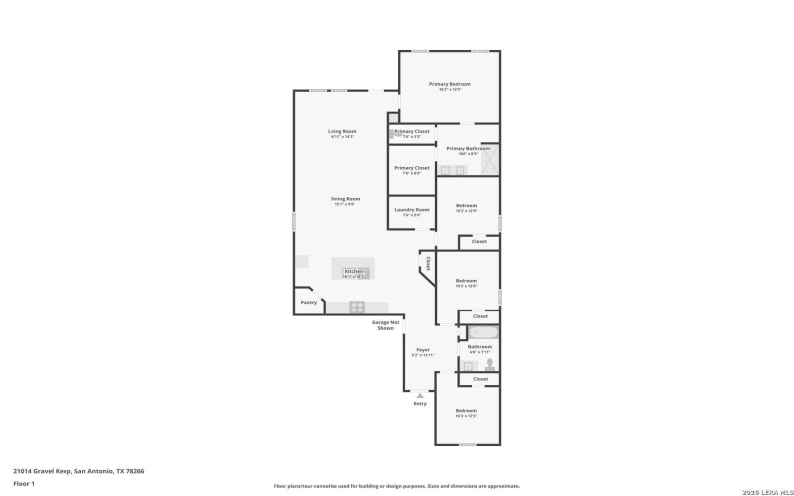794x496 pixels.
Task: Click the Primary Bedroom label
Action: coord(450,84)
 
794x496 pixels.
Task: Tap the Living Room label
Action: coord(342,131)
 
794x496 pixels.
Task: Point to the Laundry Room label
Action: coord(411,210)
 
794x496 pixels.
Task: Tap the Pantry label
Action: coord(308,301)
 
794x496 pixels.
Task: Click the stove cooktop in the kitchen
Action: coord(357,307)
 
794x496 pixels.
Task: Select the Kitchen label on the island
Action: coord(354,271)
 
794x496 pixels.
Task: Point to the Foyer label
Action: coord(422,350)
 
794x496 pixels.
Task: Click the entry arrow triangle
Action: coord(420,395)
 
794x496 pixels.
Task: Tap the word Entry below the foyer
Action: coord(420,403)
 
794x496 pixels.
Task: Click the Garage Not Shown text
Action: coord(386,324)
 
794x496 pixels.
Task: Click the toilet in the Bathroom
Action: coord(489,364)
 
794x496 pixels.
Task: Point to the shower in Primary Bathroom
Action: coord(489,160)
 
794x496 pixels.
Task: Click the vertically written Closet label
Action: coord(428,264)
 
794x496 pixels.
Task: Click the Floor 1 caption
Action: coord(24,483)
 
